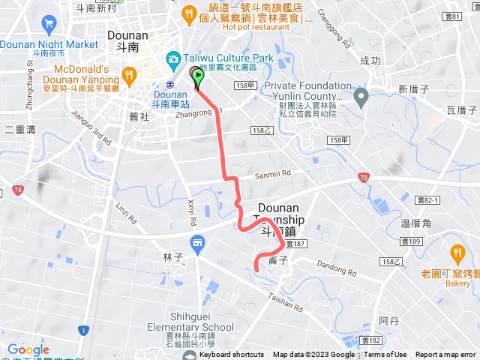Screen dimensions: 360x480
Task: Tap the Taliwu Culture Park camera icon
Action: pyautogui.click(x=173, y=58)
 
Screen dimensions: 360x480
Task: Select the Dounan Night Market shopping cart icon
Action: pyautogui.click(x=50, y=22)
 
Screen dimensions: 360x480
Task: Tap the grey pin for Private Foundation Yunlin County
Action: pyautogui.click(x=361, y=95)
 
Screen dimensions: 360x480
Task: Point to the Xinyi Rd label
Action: pyautogui.click(x=190, y=213)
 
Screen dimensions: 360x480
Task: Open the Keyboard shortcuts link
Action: pyautogui.click(x=232, y=355)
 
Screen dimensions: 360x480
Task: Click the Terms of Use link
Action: pyautogui.click(x=385, y=355)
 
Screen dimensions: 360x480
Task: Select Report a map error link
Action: pyautogui.click(x=446, y=355)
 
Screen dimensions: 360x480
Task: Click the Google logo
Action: pyautogui.click(x=28, y=349)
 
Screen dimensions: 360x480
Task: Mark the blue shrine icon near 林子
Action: pyautogui.click(x=197, y=241)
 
